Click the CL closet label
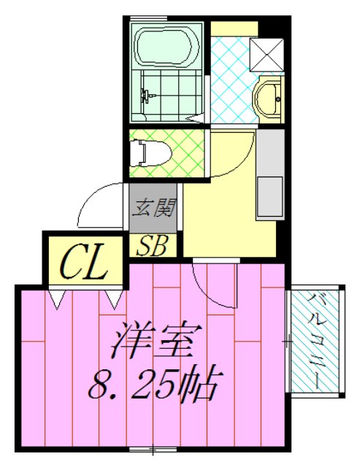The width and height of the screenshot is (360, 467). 83,263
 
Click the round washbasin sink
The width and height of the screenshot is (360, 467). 268,98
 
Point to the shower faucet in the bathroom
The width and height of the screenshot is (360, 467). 147,95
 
